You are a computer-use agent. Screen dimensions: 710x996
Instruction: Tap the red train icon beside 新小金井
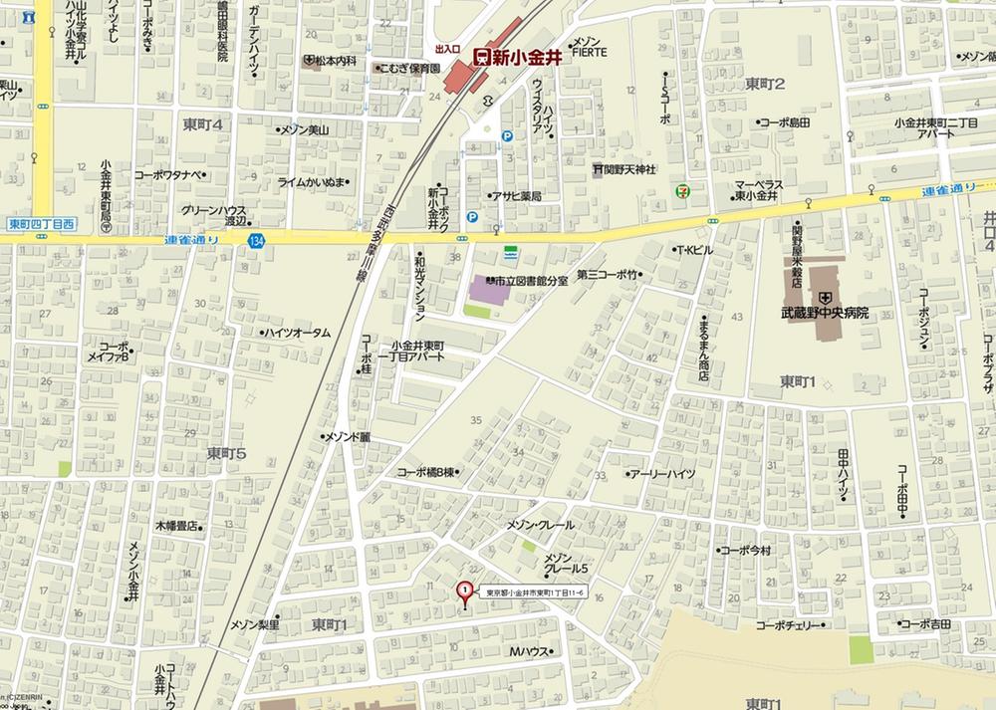tap(480, 58)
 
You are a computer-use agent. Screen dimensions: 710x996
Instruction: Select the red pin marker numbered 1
tap(463, 592)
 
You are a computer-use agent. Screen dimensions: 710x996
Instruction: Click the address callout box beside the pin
tap(534, 593)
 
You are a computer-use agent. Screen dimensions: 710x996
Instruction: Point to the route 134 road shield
tap(258, 240)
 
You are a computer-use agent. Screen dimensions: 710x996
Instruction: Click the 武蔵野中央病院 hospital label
tap(825, 313)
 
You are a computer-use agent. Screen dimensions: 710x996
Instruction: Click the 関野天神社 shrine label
tap(624, 169)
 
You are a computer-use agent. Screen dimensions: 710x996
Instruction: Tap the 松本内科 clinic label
tap(331, 61)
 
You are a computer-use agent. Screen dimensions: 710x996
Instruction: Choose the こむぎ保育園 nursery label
tap(407, 68)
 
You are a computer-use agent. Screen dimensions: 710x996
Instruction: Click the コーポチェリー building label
tap(790, 625)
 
